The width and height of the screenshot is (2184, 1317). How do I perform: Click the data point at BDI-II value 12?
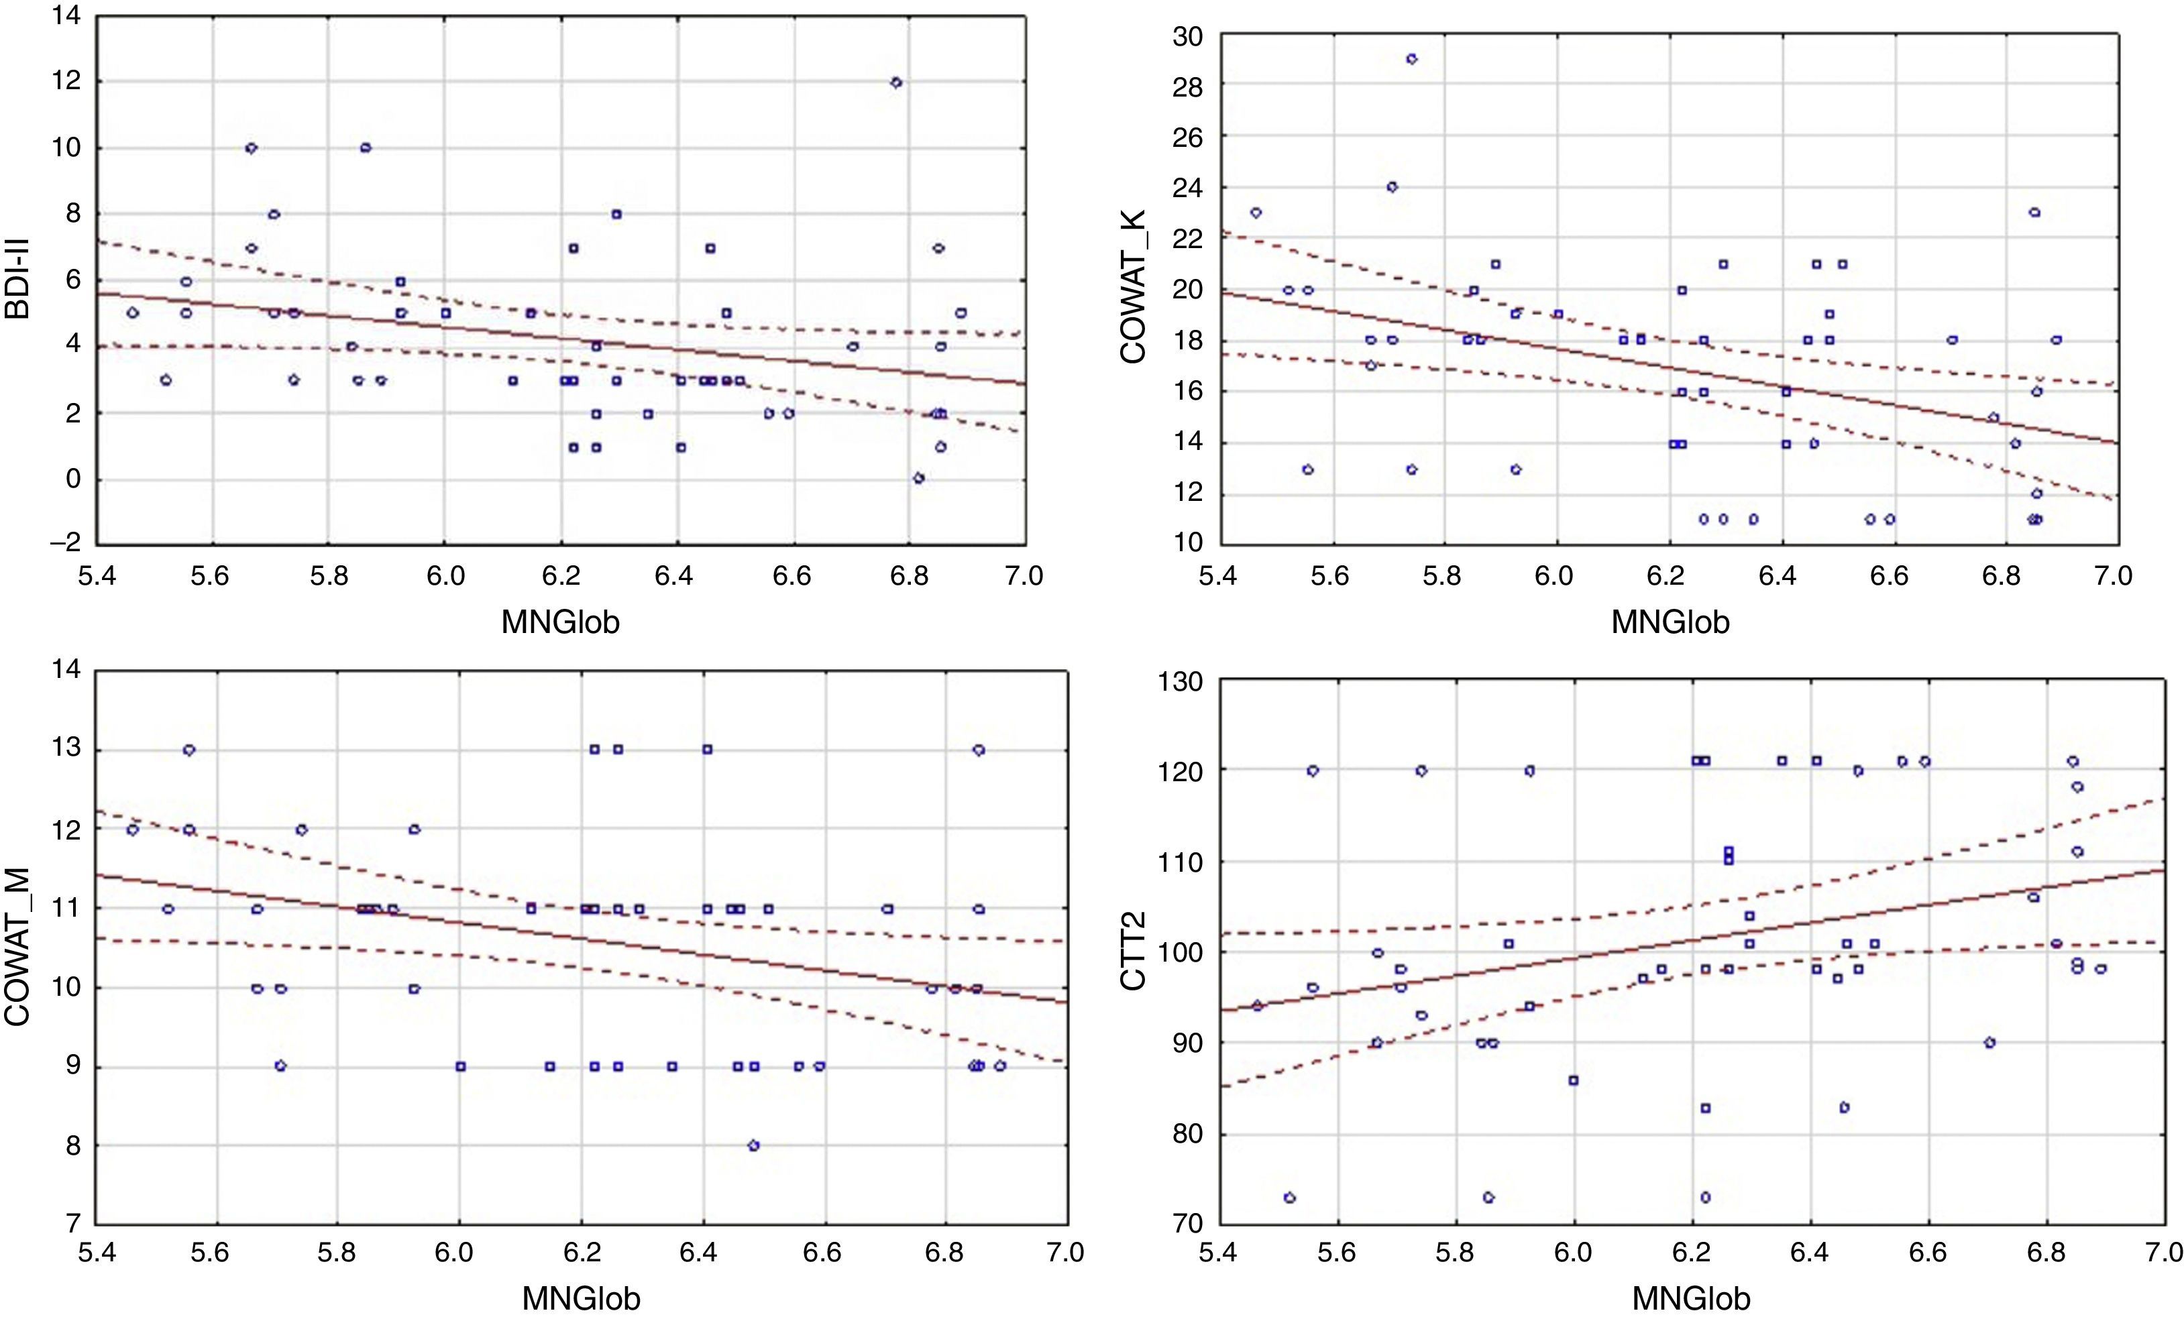(x=896, y=82)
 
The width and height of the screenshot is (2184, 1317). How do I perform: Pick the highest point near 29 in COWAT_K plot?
(x=1411, y=60)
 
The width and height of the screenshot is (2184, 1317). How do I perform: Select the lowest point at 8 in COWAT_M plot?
(x=753, y=1145)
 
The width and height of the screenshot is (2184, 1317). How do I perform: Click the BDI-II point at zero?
(x=919, y=479)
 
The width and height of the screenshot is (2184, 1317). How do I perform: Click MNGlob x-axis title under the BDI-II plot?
(x=560, y=622)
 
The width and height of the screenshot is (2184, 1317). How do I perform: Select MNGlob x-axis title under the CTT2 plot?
(x=1690, y=1298)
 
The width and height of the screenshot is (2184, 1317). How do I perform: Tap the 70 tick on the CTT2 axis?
(x=1187, y=1224)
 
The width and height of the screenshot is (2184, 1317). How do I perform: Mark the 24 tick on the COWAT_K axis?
(x=1187, y=188)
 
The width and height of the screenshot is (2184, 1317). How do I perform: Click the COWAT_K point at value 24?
(x=1392, y=187)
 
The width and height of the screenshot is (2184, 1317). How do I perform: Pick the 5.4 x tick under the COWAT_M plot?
(x=96, y=1253)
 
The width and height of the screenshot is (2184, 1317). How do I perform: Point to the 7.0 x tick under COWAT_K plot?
(x=2112, y=575)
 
